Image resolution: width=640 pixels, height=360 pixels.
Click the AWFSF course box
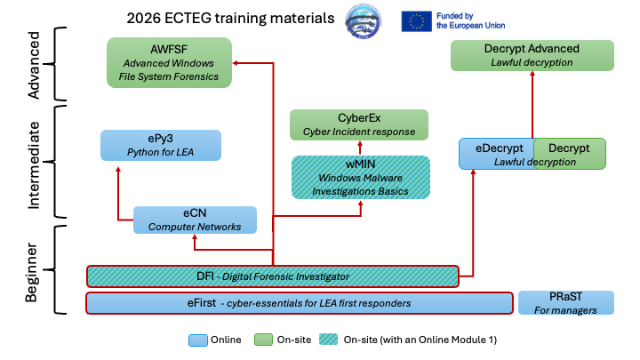(x=169, y=62)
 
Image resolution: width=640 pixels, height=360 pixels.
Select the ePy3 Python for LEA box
(x=160, y=145)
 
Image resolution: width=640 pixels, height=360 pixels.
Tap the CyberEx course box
(x=359, y=124)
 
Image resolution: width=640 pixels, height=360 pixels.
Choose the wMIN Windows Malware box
(x=361, y=177)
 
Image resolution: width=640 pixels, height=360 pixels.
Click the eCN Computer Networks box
(x=195, y=220)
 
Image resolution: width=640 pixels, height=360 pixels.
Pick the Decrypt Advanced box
(x=532, y=55)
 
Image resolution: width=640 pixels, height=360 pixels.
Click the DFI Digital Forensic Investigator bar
(x=273, y=276)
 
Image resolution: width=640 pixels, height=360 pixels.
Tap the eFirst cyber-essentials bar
(x=300, y=303)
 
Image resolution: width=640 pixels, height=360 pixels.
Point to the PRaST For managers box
(x=566, y=302)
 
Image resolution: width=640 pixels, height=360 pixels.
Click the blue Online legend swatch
(x=196, y=340)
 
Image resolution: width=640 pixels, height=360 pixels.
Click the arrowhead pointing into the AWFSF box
(x=236, y=63)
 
